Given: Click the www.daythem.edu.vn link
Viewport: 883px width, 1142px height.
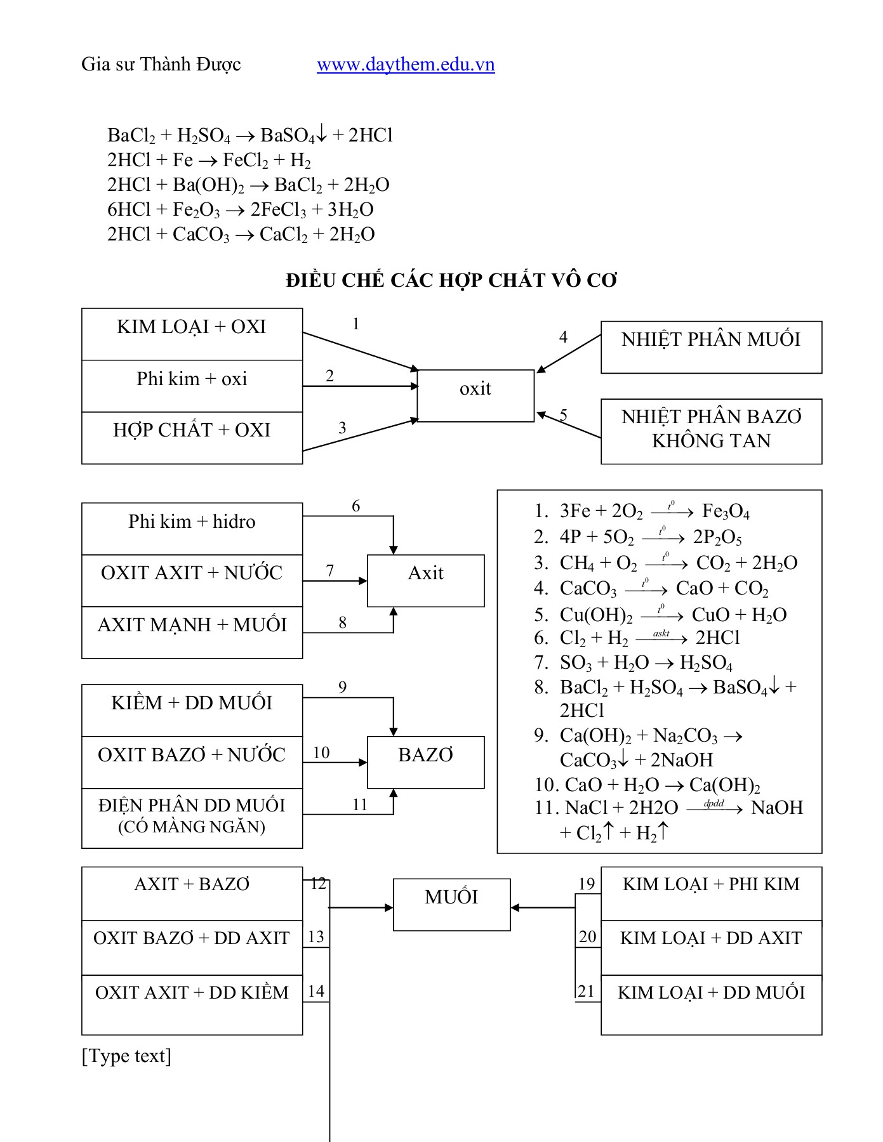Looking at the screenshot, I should coord(406,65).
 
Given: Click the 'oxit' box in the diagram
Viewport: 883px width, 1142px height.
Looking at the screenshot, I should coord(475,395).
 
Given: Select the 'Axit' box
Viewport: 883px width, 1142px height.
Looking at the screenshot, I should coord(425,580).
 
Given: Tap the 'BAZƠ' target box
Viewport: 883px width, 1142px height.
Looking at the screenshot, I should coord(425,761).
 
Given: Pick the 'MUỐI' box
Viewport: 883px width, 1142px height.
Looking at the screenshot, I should coord(451,903).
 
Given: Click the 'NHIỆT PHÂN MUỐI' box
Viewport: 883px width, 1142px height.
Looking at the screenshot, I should coord(711,346).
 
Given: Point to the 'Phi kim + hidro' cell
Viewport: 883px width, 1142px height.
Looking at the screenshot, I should coord(192,528).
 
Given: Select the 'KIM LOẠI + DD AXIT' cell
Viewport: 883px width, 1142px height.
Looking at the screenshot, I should coord(711,947).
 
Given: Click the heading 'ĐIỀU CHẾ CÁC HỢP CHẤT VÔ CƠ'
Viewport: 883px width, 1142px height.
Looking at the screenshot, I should coord(451,280).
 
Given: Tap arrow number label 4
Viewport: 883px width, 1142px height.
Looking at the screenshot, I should coord(563,337).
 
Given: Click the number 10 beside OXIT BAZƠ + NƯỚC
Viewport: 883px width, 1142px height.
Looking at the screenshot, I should coord(321,752).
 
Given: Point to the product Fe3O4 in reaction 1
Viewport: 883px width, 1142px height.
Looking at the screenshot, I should coord(726,512).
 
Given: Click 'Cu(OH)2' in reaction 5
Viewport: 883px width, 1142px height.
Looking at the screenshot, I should coord(596,615).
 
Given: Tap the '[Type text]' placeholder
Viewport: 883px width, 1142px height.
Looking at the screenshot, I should coord(126,1056).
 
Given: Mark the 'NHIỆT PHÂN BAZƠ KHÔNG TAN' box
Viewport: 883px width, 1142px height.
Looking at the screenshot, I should coord(711,431).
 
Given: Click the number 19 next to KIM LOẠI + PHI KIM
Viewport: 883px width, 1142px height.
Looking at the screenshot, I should coord(587,884).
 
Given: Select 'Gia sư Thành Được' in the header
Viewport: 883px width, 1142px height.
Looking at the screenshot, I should coord(161,65).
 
